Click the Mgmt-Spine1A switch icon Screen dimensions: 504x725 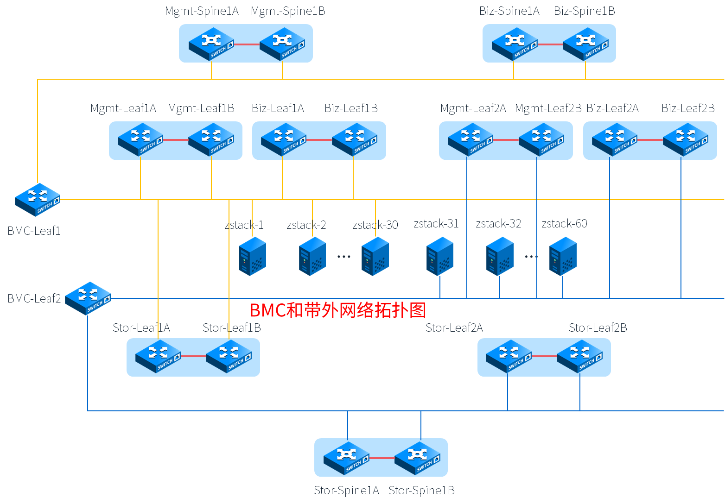(211, 44)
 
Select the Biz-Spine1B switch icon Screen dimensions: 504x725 (585, 44)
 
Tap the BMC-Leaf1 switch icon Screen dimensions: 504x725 (38, 200)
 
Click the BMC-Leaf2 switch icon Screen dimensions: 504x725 (88, 298)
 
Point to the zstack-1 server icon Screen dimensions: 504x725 (252, 256)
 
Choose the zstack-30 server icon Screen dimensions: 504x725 (375, 256)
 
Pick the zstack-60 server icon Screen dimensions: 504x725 (563, 256)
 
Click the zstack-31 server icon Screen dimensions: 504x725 (439, 256)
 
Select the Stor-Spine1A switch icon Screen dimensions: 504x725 (346, 458)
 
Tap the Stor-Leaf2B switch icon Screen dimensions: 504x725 (579, 356)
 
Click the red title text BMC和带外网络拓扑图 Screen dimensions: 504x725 (337, 310)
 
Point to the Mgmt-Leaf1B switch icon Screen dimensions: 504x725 (211, 139)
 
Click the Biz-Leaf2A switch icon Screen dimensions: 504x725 (615, 139)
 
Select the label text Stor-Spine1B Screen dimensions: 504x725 (421, 490)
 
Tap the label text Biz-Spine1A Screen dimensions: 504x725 (509, 11)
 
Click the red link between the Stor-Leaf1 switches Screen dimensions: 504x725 (193, 356)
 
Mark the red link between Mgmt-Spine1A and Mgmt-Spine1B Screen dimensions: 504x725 (247, 44)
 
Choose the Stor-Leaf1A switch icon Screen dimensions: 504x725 (158, 356)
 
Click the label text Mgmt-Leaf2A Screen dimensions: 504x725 (473, 108)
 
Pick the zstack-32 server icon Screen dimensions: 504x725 (500, 256)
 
